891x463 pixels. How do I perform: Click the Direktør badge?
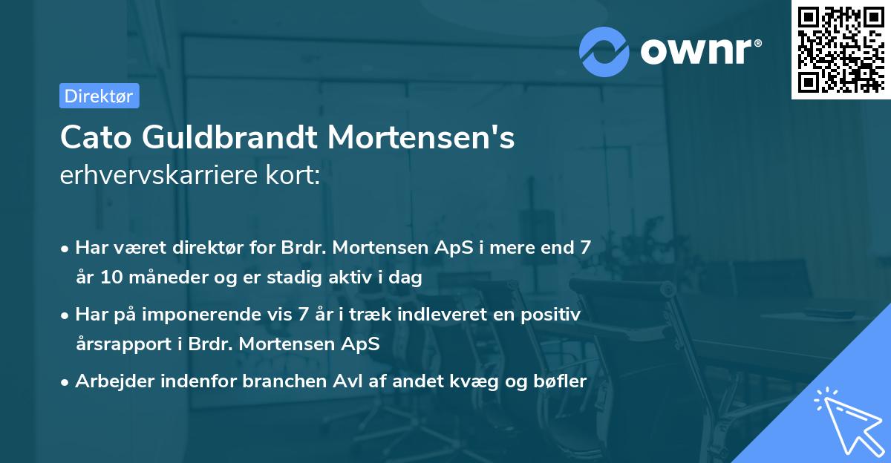(x=99, y=96)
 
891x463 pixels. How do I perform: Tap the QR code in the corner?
(x=840, y=50)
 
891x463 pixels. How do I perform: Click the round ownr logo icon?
(x=604, y=51)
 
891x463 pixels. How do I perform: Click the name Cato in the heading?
(x=91, y=138)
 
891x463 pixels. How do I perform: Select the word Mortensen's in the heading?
(x=421, y=138)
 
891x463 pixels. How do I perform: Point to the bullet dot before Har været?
(x=65, y=249)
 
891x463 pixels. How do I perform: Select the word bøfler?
(x=563, y=381)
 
